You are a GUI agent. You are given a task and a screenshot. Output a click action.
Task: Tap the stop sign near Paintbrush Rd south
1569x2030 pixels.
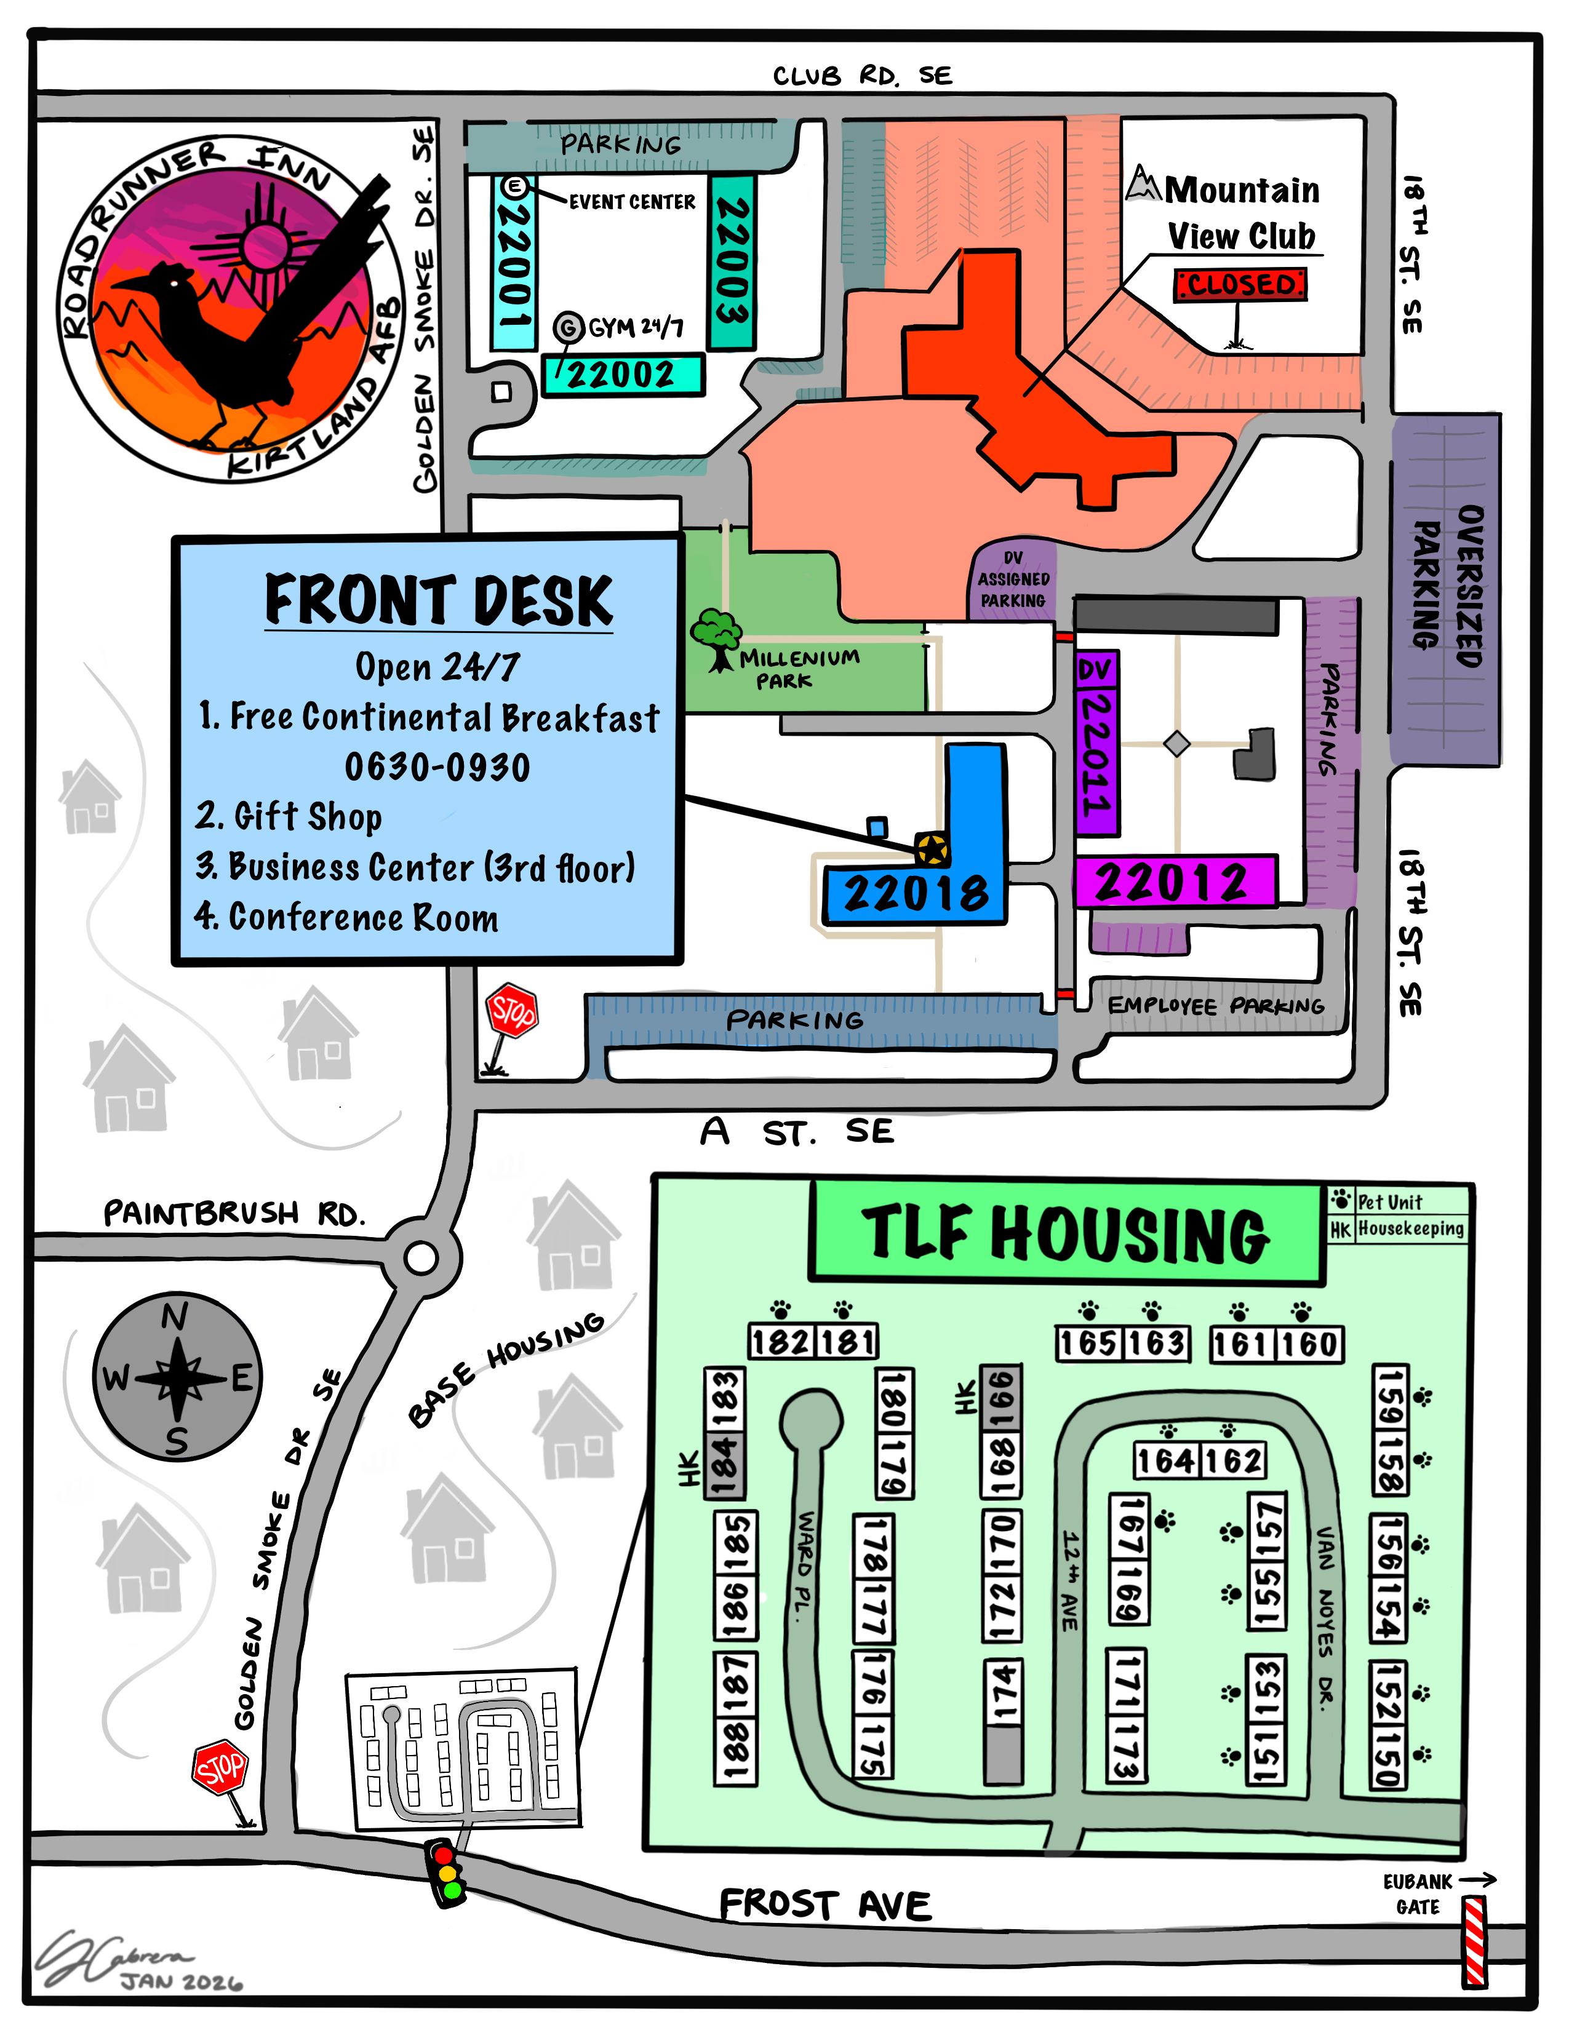coord(220,1769)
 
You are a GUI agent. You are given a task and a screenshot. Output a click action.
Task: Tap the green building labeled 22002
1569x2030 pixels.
coord(622,375)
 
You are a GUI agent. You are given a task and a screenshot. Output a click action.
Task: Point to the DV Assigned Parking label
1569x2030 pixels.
coord(1012,579)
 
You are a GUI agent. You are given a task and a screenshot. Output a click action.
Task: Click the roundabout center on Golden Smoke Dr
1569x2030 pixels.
coord(421,1259)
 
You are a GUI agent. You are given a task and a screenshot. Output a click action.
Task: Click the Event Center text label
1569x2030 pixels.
coord(632,202)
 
